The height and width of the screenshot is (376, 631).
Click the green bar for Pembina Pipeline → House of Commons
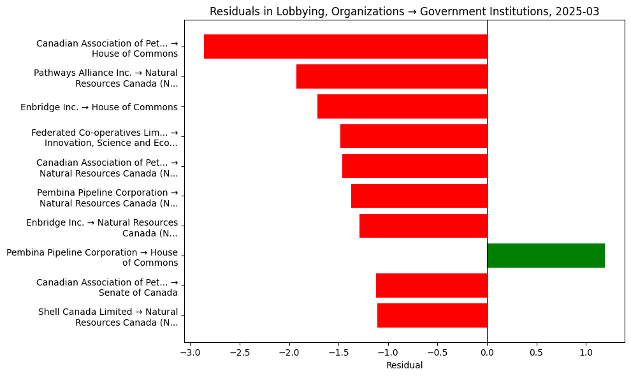546,256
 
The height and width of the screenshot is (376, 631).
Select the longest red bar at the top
345,47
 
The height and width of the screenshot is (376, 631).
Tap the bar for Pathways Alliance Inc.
391,76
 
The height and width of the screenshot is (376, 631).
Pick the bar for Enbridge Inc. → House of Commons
402,106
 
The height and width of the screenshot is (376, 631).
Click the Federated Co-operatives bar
414,136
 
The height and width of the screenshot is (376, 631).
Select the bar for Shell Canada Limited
432,315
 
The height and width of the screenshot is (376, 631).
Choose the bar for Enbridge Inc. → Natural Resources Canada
423,226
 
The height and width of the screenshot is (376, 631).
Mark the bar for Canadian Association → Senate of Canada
432,286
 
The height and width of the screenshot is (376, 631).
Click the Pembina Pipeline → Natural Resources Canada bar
419,196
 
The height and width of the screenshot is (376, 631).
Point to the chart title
404,11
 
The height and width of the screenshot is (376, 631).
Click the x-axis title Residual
404,365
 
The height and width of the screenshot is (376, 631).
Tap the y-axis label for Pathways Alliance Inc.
106,78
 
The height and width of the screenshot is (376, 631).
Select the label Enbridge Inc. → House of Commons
99,107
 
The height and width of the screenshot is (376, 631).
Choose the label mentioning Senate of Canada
107,287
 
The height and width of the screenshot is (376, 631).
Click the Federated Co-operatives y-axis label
105,138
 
